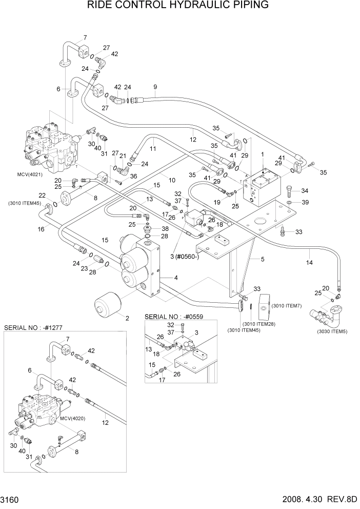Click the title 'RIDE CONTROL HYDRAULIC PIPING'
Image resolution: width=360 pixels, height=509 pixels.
178,6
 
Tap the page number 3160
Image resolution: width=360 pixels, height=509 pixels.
11,500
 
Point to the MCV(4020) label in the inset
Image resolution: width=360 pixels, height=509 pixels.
72,419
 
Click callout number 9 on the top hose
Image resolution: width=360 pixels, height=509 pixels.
155,86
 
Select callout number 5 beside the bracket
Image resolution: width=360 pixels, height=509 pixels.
262,260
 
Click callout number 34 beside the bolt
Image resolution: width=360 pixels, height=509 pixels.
305,191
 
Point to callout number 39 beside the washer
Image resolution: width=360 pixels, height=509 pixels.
305,203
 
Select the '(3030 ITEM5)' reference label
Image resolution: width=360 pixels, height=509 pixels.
332,331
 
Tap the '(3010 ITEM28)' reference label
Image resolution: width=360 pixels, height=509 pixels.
257,325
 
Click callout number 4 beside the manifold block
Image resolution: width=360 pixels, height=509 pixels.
176,278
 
